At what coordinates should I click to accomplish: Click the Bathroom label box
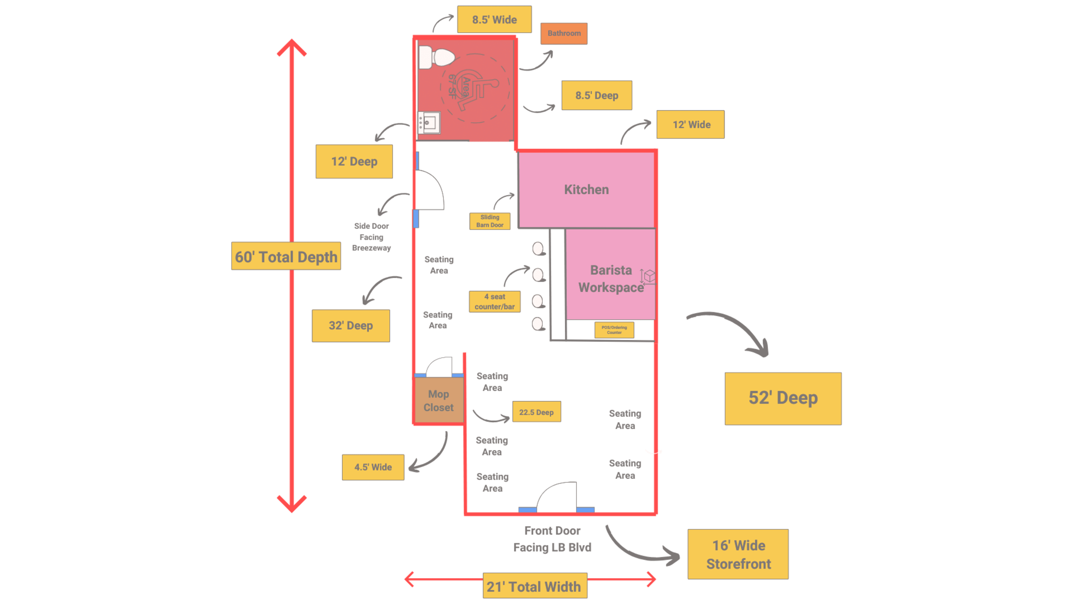click(x=564, y=33)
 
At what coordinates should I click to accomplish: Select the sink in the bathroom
click(x=429, y=122)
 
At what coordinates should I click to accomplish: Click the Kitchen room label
click(x=586, y=190)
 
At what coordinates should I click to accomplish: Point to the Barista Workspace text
click(x=611, y=279)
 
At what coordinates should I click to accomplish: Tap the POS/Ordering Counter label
click(x=614, y=330)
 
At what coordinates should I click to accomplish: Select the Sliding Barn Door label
click(x=490, y=221)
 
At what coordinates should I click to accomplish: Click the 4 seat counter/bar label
click(x=494, y=301)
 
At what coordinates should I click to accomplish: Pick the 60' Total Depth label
click(x=286, y=256)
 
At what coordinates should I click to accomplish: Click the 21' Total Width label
click(x=535, y=586)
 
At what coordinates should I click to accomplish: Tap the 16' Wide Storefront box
click(x=738, y=555)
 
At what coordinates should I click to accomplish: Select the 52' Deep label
click(x=783, y=398)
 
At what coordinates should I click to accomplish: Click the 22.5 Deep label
click(x=536, y=412)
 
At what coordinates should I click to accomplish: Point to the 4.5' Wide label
click(x=373, y=467)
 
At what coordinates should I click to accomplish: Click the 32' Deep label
click(x=351, y=325)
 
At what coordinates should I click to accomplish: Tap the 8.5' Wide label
click(x=494, y=20)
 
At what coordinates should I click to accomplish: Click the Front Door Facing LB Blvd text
click(x=552, y=539)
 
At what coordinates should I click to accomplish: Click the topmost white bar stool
click(x=538, y=249)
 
